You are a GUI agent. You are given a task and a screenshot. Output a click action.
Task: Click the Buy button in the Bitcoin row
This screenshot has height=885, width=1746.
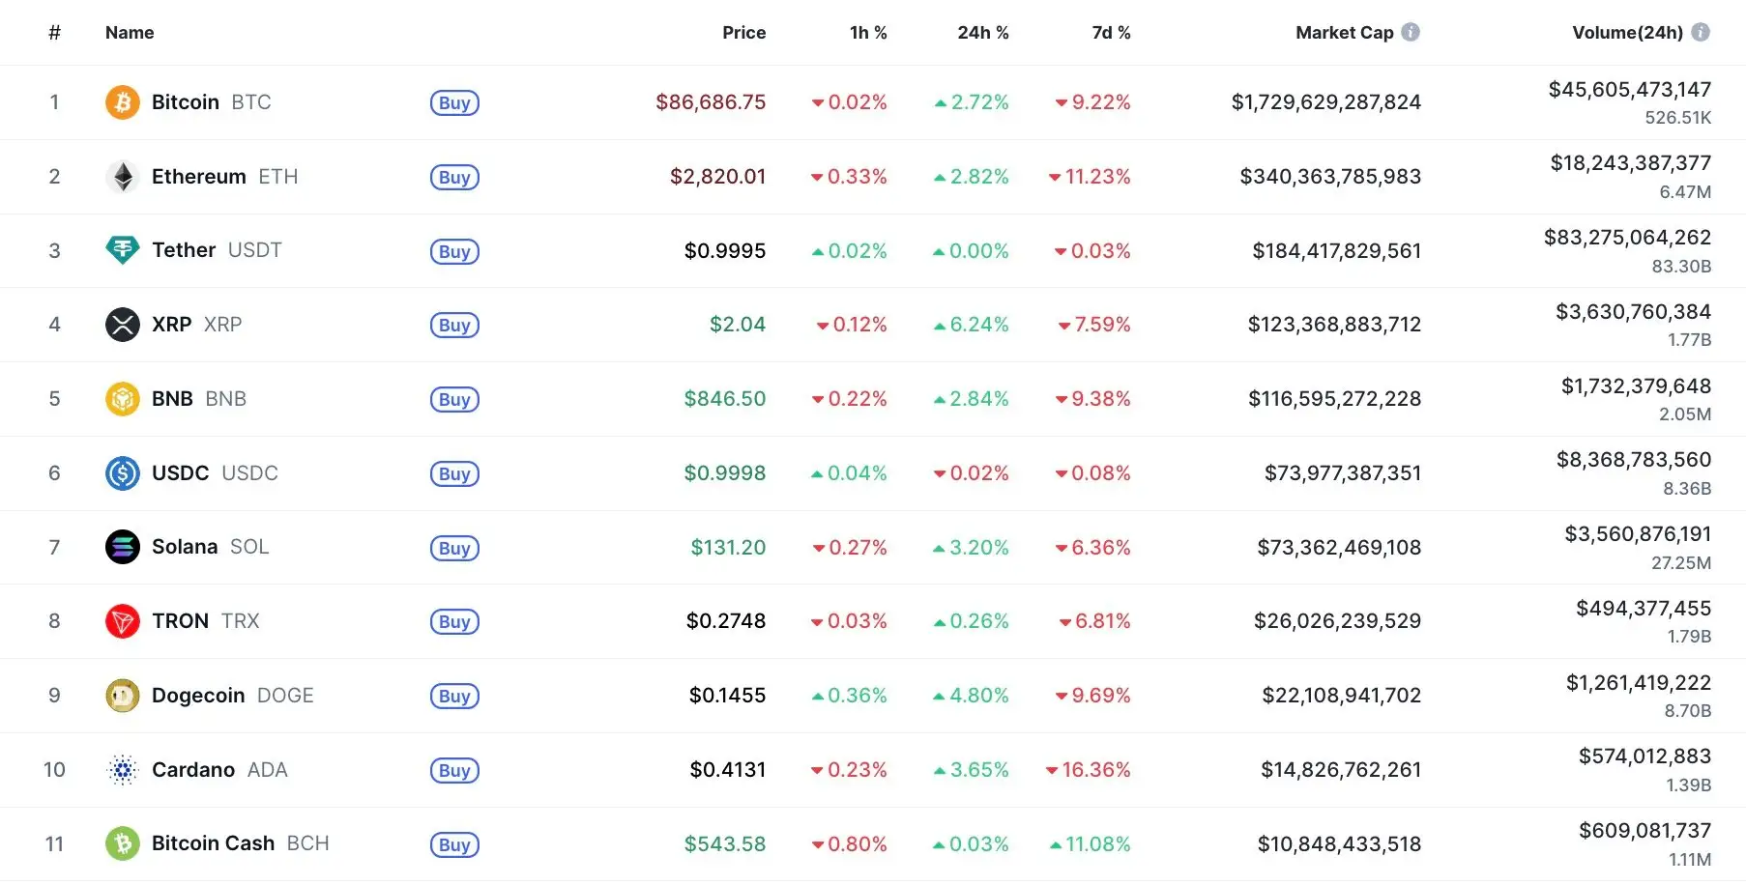(x=454, y=102)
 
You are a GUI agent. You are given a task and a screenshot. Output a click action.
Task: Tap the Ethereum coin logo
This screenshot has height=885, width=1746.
(x=123, y=177)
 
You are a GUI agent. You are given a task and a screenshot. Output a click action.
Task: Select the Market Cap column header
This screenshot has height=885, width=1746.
(x=1344, y=33)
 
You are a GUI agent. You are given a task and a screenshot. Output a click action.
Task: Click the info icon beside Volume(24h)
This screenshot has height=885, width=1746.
(x=1701, y=33)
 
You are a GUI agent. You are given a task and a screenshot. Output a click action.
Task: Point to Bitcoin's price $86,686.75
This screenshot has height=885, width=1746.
(x=711, y=102)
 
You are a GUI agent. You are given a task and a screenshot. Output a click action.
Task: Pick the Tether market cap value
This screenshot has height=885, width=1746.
(x=1336, y=251)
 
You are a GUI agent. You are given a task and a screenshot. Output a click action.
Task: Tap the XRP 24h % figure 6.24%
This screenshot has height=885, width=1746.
(x=972, y=325)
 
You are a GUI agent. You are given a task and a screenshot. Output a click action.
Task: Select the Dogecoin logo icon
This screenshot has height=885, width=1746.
(x=123, y=696)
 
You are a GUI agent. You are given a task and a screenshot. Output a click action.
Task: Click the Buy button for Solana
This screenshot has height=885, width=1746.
(x=454, y=548)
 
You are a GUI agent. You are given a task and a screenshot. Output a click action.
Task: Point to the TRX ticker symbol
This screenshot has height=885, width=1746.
(x=240, y=621)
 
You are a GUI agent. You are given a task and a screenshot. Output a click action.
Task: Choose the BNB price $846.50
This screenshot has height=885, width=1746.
(x=724, y=399)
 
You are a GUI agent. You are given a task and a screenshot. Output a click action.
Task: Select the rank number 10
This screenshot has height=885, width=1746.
(x=54, y=770)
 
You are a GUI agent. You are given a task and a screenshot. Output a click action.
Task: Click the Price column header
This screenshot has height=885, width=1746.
(x=743, y=33)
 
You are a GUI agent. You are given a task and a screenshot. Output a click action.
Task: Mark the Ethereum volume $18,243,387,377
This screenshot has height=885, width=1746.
(x=1630, y=163)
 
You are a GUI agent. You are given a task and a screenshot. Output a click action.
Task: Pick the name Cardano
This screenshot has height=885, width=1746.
(x=193, y=770)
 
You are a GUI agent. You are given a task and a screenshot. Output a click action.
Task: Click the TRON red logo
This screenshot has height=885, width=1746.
(x=123, y=621)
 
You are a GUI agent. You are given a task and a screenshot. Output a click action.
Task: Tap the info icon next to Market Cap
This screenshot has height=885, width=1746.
(x=1411, y=33)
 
